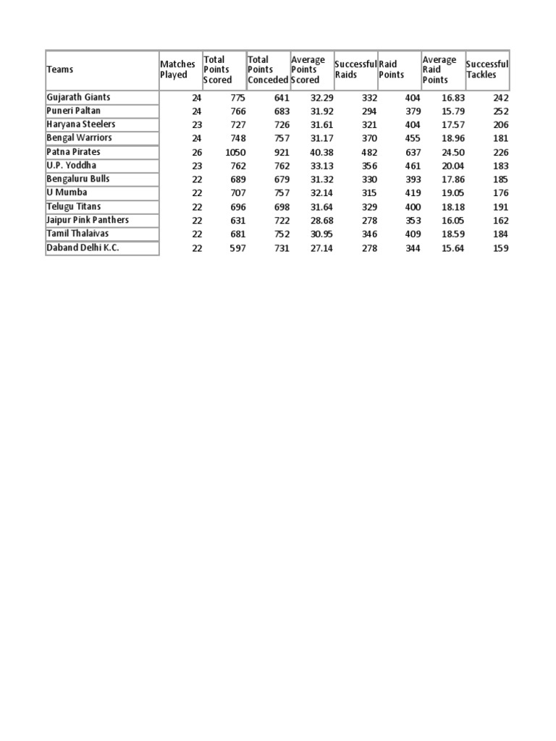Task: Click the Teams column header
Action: click(x=60, y=69)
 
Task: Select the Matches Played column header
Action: click(x=177, y=69)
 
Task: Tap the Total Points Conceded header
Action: click(x=268, y=69)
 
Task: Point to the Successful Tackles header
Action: click(x=487, y=69)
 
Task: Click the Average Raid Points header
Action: click(x=439, y=69)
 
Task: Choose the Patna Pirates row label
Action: click(x=73, y=152)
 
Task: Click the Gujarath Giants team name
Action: click(x=78, y=97)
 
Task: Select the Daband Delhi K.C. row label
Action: click(x=83, y=247)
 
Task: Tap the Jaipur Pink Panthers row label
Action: click(x=88, y=220)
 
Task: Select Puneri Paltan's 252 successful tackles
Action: click(x=500, y=111)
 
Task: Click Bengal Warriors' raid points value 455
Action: click(x=412, y=139)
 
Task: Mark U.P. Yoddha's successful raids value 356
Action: click(x=369, y=166)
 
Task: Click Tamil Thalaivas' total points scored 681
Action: click(x=237, y=234)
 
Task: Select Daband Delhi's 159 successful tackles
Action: click(x=500, y=248)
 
